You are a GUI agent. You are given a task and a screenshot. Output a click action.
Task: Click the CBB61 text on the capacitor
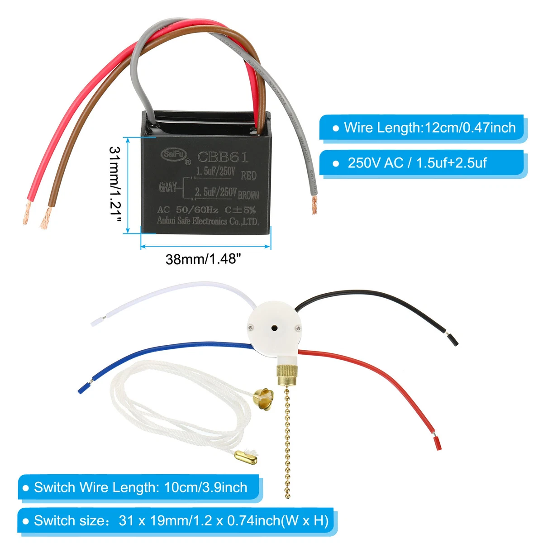point(223,157)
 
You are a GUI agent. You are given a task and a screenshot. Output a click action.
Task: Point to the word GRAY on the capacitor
point(168,187)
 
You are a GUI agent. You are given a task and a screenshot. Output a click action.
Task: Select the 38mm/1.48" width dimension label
point(203,259)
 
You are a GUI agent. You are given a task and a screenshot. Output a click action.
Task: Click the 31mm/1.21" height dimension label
point(116,184)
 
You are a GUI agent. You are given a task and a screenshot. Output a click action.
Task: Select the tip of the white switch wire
point(96,322)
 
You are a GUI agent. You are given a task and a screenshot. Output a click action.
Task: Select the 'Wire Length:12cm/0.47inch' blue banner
point(423,128)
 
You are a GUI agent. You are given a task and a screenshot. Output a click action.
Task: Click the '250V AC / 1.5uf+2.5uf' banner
point(423,162)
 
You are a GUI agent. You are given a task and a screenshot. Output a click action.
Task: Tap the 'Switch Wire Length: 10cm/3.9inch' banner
point(140,487)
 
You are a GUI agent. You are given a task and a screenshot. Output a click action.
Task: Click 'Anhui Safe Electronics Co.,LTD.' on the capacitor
point(208,221)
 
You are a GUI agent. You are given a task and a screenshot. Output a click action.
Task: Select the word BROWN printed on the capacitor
point(248,195)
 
